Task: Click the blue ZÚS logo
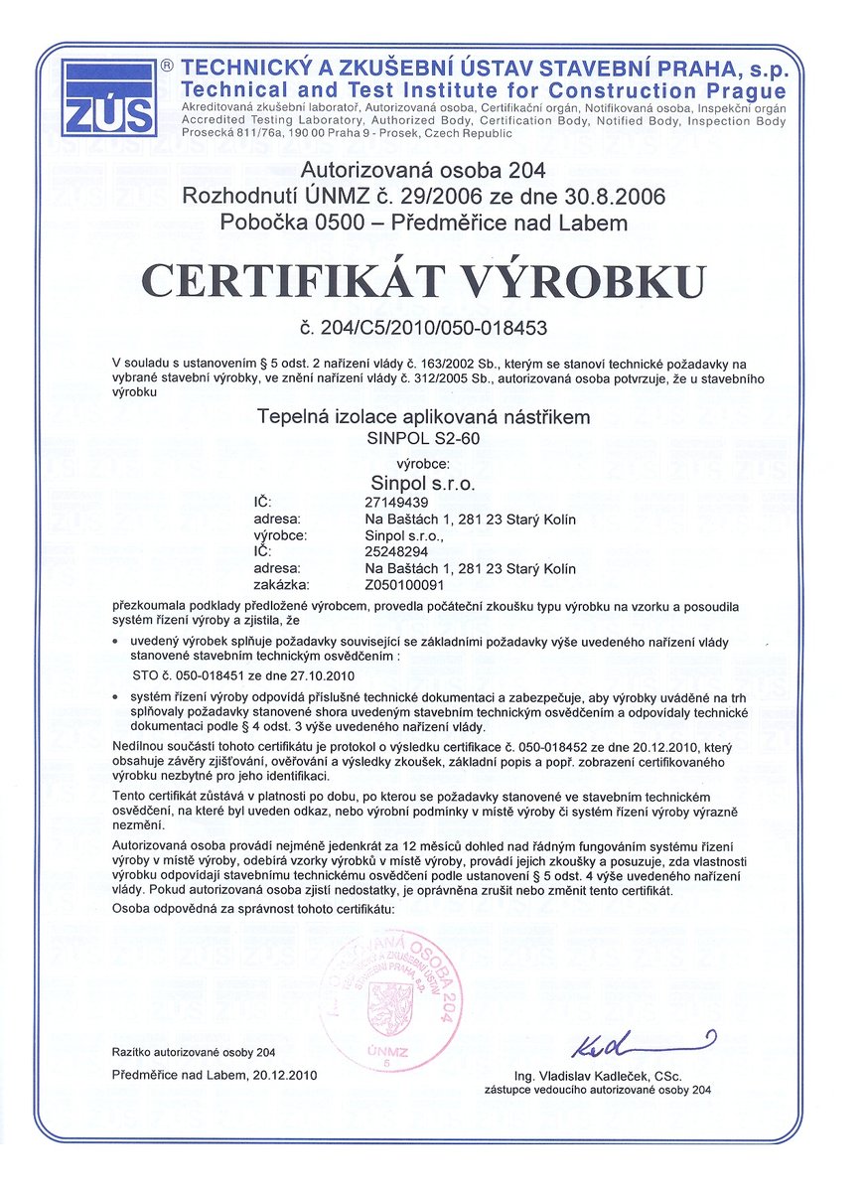[108, 97]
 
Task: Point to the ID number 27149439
[397, 503]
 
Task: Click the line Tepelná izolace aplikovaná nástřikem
[424, 417]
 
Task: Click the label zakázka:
[283, 584]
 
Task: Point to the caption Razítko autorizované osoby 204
[195, 1052]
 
